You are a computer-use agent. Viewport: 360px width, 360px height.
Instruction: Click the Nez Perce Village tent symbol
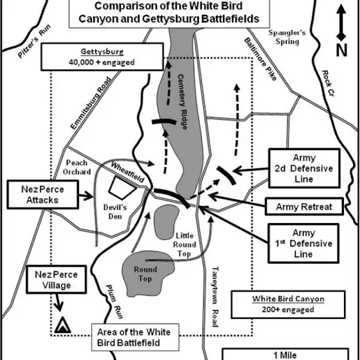click(x=62, y=325)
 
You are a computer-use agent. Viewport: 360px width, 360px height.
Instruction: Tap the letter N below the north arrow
click(x=341, y=50)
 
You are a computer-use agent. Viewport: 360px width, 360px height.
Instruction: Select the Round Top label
click(x=145, y=274)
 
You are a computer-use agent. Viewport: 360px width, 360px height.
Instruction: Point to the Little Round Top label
click(x=184, y=245)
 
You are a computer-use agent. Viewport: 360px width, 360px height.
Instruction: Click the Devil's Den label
click(x=115, y=212)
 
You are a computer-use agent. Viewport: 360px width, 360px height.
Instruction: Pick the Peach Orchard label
click(x=76, y=167)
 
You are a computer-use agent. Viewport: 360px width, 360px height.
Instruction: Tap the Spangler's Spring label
click(x=287, y=37)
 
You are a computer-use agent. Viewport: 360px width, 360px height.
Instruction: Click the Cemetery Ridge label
click(x=183, y=102)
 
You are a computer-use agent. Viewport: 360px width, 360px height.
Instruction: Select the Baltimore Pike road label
click(x=260, y=59)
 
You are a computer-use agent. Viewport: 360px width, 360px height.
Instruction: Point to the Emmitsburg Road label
click(x=91, y=103)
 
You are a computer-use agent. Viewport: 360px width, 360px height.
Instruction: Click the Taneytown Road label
click(x=215, y=296)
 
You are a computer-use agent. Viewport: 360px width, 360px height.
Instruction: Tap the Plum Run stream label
click(x=114, y=301)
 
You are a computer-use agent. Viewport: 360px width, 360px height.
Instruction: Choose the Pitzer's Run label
click(x=34, y=41)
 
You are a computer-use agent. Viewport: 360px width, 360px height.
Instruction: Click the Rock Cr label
click(x=328, y=83)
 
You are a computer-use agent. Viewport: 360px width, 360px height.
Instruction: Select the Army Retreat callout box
click(x=304, y=206)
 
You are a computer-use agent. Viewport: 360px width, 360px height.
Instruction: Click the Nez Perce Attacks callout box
click(x=42, y=195)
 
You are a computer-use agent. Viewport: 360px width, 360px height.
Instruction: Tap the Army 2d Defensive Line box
click(x=304, y=168)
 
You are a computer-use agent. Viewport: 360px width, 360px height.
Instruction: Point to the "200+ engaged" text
click(x=288, y=309)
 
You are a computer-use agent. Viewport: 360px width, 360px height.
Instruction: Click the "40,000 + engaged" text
click(x=102, y=62)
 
